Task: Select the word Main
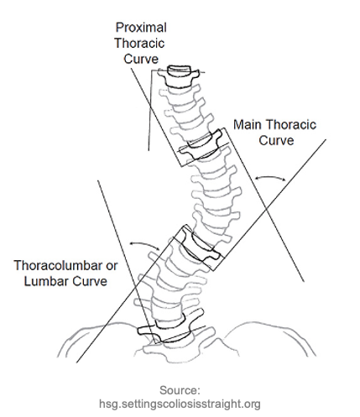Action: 248,126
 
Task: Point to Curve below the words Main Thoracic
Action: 275,141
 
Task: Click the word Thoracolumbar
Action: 54,266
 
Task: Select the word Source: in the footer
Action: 180,390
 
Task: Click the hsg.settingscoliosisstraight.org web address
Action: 180,404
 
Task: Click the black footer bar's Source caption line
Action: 180,390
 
